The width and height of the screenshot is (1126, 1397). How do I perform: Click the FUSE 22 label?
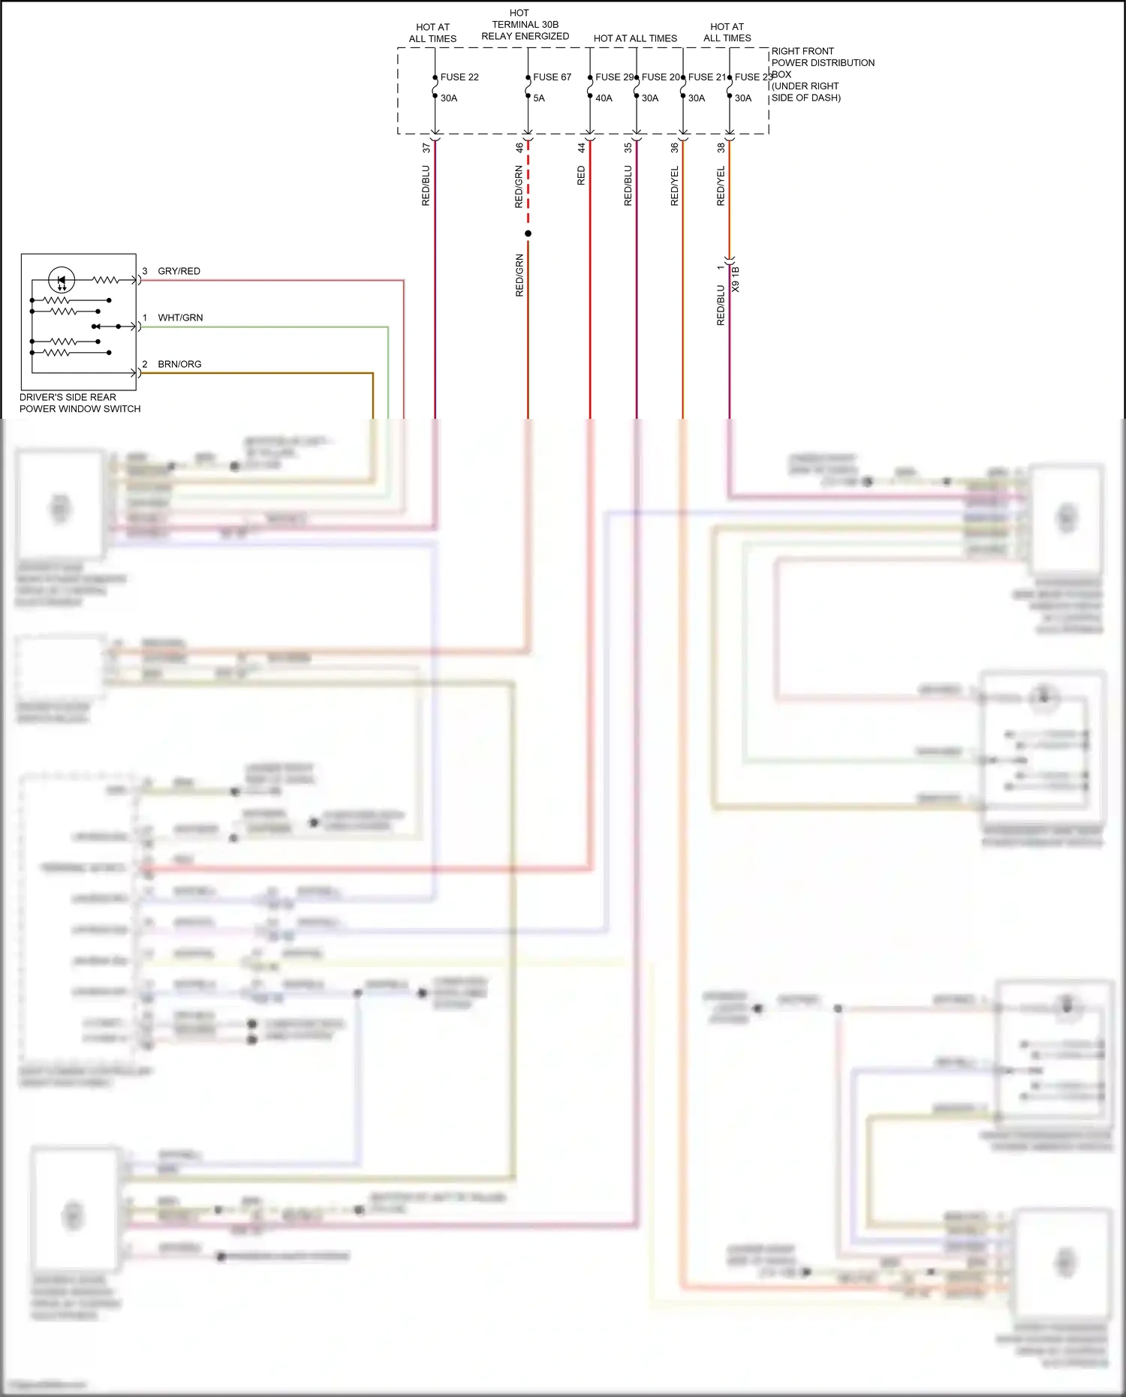point(459,77)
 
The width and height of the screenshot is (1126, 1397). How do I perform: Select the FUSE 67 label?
point(552,77)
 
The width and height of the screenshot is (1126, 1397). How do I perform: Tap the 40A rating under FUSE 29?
point(604,98)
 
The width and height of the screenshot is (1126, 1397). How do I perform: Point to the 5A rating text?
point(538,98)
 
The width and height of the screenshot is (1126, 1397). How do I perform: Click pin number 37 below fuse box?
point(426,148)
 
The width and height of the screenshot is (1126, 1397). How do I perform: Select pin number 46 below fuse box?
point(519,148)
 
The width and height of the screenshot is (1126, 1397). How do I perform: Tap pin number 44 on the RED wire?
point(581,148)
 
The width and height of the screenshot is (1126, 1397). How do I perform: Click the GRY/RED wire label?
point(179,271)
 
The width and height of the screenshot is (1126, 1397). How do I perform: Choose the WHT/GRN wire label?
point(180,318)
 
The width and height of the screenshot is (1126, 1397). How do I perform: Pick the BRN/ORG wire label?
point(179,364)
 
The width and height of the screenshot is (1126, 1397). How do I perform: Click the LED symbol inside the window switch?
point(62,281)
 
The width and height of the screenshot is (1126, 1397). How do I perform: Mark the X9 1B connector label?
point(736,278)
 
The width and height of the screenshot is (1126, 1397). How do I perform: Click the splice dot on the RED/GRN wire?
point(528,233)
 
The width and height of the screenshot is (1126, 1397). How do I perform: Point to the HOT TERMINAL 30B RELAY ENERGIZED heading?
point(525,25)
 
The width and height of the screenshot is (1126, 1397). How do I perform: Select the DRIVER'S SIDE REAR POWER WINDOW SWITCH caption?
point(80,403)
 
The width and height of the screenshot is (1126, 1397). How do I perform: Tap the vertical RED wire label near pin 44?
point(581,176)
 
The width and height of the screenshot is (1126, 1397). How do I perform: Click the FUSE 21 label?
point(706,77)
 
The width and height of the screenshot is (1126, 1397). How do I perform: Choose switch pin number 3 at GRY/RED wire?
point(145,271)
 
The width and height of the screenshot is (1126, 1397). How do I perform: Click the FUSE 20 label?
point(660,77)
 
